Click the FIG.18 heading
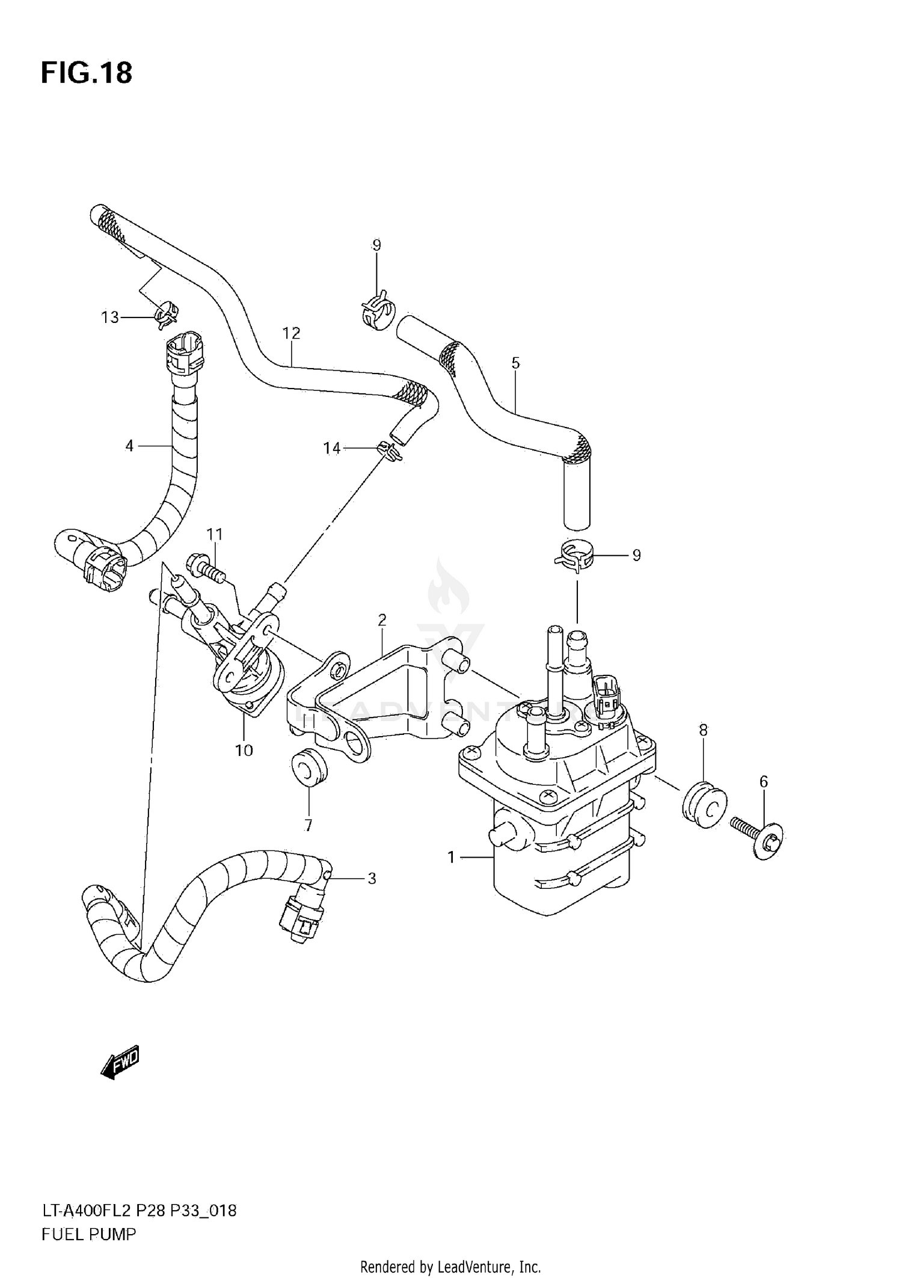pos(86,73)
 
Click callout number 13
pos(110,318)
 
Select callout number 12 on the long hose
pos(291,333)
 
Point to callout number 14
pos(332,448)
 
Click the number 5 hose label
pos(515,363)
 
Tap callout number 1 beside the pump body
pos(452,858)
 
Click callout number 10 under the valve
pos(244,751)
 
